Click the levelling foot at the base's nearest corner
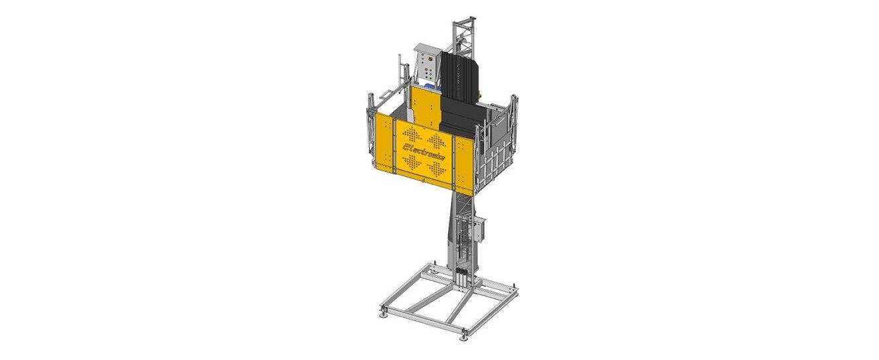point(464,335)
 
